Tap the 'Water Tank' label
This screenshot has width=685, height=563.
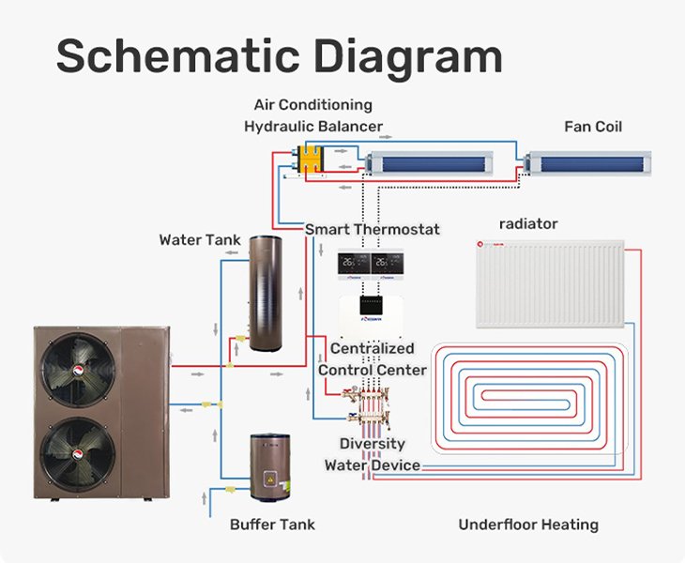[x=193, y=240]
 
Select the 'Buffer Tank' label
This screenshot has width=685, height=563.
[x=272, y=525]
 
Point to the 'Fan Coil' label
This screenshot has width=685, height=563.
[x=593, y=127]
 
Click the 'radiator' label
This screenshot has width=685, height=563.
[x=528, y=224]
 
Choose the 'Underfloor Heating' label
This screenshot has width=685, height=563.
[x=528, y=525]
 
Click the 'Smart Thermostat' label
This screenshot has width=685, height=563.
[x=373, y=229]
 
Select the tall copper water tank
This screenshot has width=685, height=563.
[x=272, y=299]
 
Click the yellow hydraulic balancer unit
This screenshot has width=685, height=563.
[x=312, y=160]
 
